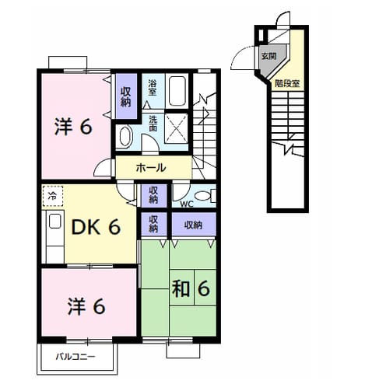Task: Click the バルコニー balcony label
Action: (x=75, y=357)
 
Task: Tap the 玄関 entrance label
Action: (x=268, y=56)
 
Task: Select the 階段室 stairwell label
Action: (x=287, y=83)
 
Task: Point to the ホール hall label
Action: (x=151, y=168)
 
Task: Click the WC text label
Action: (x=187, y=204)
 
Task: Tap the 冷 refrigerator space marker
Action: (x=52, y=196)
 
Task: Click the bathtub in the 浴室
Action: (x=177, y=90)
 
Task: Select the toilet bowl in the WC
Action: (x=203, y=196)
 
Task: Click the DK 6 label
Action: (x=96, y=227)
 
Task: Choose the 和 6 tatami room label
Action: (x=191, y=288)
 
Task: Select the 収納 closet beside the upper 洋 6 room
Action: (x=126, y=96)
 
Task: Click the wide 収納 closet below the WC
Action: (x=194, y=225)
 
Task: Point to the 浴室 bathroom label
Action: (x=152, y=88)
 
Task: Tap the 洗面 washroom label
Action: (x=153, y=123)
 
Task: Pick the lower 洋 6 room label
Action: (x=86, y=306)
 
